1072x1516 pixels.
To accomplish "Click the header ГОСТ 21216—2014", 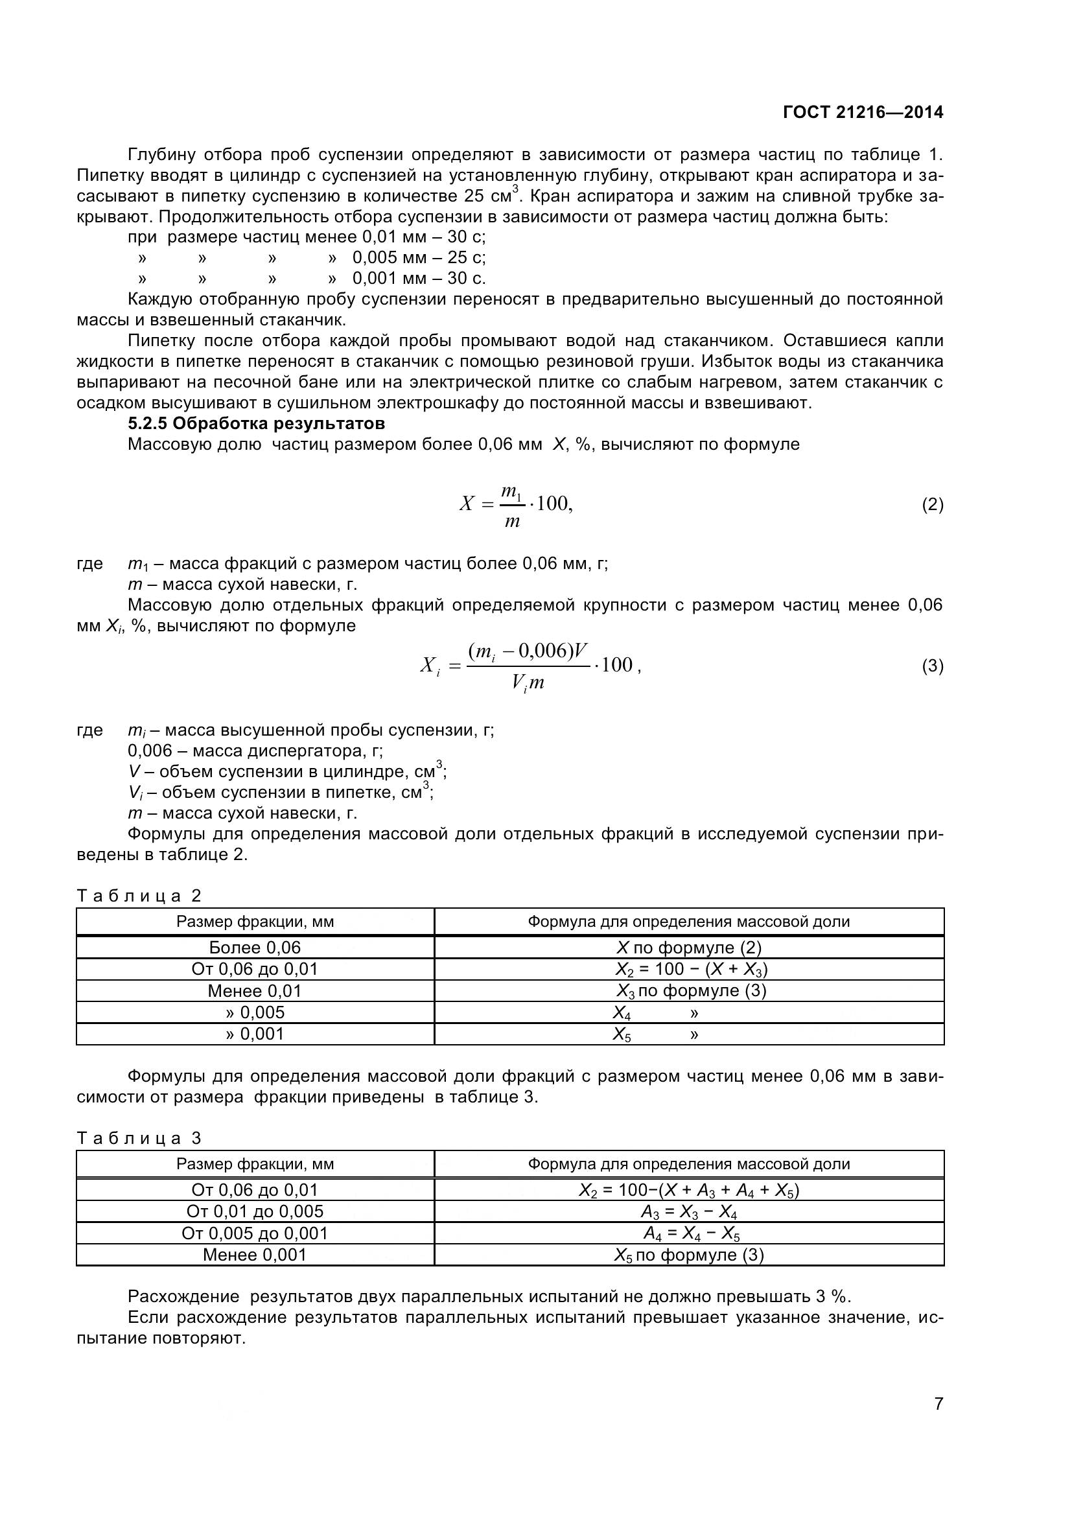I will (863, 112).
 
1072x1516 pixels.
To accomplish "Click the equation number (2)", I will (932, 505).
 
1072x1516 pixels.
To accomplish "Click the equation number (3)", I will (932, 666).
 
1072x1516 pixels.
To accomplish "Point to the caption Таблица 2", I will (139, 896).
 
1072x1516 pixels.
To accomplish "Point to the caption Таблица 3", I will (139, 1138).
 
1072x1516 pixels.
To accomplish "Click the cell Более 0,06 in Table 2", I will (255, 948).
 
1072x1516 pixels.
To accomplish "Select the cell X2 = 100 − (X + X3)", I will (690, 969).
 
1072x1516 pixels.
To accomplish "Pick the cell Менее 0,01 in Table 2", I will (255, 991).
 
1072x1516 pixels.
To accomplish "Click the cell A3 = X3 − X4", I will (688, 1211).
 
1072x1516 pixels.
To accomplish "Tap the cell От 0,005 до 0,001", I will (255, 1233).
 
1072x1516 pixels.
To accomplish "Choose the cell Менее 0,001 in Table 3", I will (255, 1255).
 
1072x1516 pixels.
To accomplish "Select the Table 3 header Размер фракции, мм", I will (255, 1164).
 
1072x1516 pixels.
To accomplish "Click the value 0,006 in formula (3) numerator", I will (542, 651).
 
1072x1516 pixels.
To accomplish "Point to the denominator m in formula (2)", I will (511, 522).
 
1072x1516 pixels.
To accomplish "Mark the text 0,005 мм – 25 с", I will (419, 257).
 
